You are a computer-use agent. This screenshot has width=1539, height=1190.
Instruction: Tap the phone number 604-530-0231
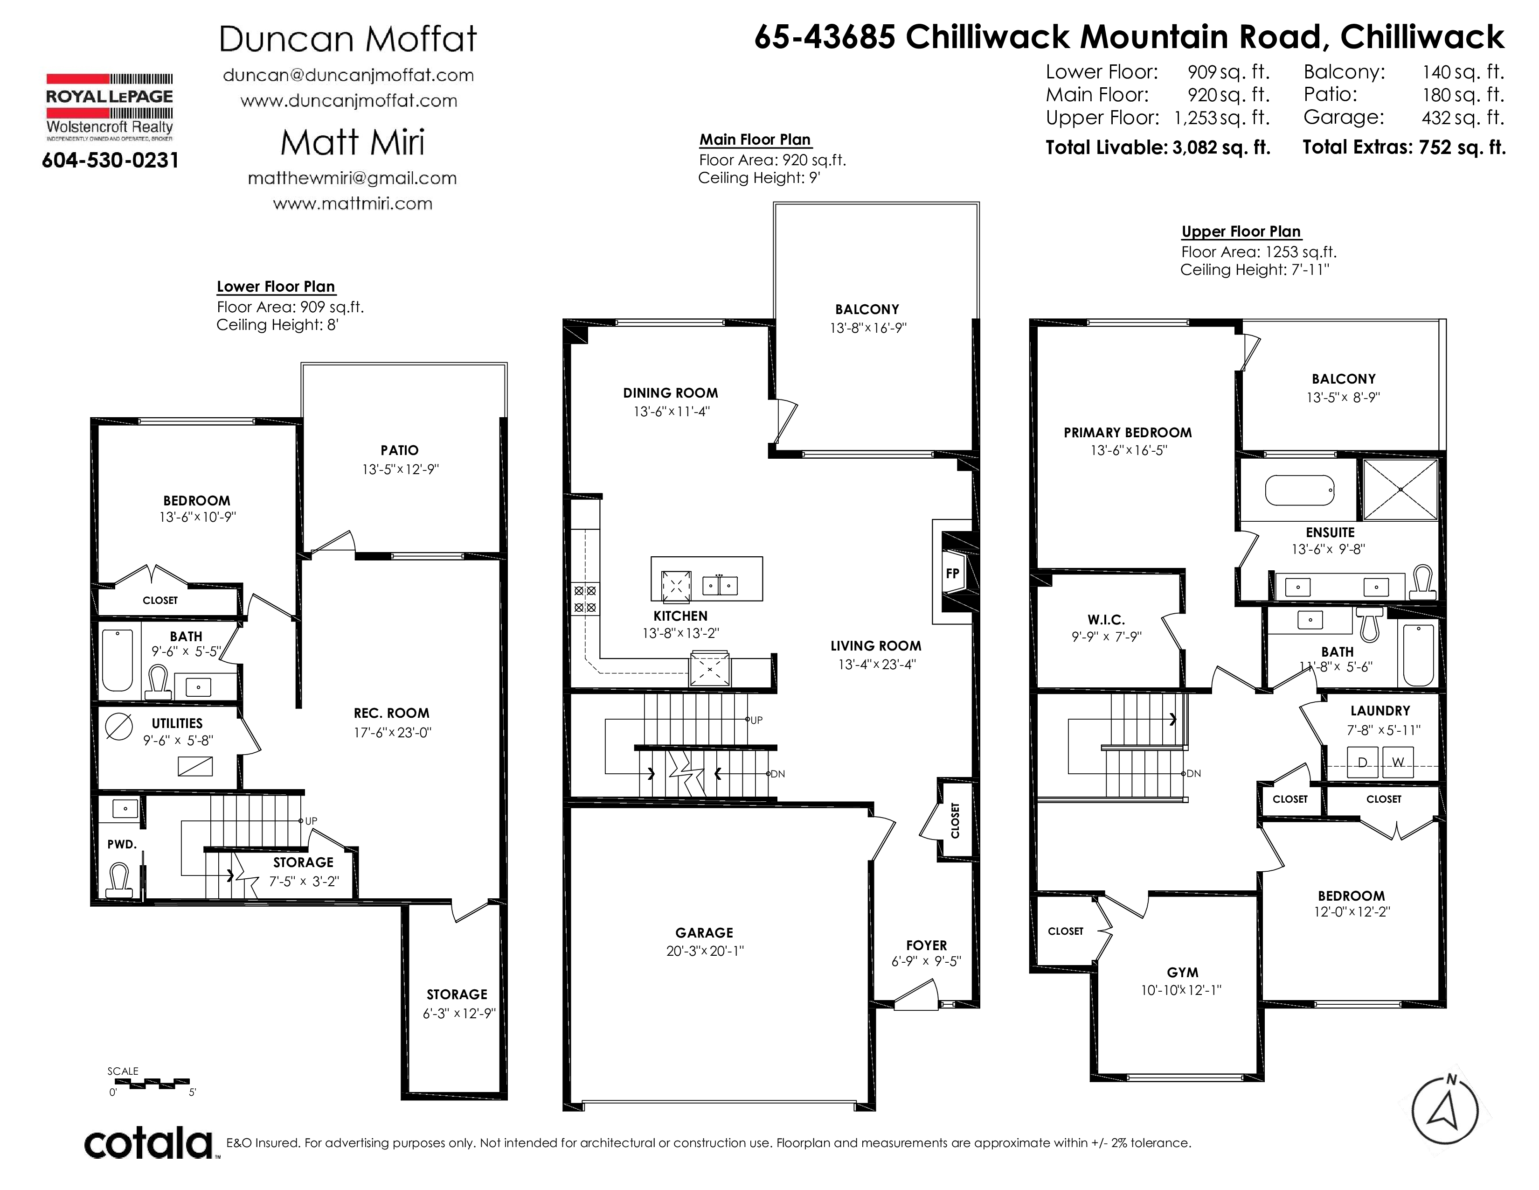tap(111, 161)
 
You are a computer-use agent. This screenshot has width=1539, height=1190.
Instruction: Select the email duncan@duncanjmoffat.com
tap(348, 76)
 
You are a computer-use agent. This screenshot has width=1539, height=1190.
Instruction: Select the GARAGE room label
tap(704, 933)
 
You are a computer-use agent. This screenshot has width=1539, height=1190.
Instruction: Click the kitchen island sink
tap(720, 585)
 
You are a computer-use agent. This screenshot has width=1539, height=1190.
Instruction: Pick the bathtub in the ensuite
tap(1300, 490)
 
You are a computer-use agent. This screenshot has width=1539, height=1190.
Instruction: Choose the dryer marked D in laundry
tap(1362, 762)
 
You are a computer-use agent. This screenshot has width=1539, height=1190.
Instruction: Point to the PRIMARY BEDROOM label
tap(1128, 433)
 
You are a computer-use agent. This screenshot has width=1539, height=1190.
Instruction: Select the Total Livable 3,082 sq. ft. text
tap(1158, 147)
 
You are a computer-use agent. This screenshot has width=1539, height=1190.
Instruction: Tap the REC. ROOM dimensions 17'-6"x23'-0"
tap(393, 733)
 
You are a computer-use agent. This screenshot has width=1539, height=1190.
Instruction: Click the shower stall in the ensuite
tap(1400, 489)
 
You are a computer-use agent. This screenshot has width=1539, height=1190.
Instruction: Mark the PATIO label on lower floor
tap(400, 450)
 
